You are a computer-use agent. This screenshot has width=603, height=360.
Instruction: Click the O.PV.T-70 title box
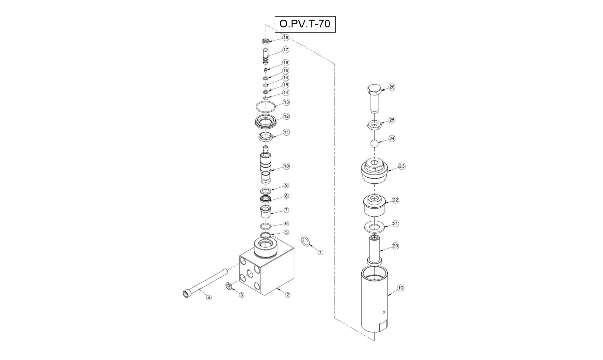[305, 24]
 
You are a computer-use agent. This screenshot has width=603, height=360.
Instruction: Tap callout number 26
[392, 87]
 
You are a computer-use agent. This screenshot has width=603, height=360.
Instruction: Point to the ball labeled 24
[375, 143]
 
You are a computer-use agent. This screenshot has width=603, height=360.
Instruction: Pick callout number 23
[401, 166]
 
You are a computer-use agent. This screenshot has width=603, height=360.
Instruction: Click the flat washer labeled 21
[374, 227]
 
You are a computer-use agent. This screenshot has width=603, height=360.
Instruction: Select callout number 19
[400, 288]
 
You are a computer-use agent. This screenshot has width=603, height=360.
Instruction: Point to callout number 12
[286, 116]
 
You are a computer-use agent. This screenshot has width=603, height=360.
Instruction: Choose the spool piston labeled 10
[265, 164]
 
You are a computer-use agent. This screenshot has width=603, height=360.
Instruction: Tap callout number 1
[320, 252]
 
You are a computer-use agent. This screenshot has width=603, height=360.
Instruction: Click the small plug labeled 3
[229, 286]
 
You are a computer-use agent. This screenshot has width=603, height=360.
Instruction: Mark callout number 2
[288, 295]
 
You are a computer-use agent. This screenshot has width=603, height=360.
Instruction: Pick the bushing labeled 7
[265, 211]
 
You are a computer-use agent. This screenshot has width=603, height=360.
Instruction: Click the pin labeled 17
[266, 56]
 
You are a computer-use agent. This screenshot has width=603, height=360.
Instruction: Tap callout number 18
[285, 37]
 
